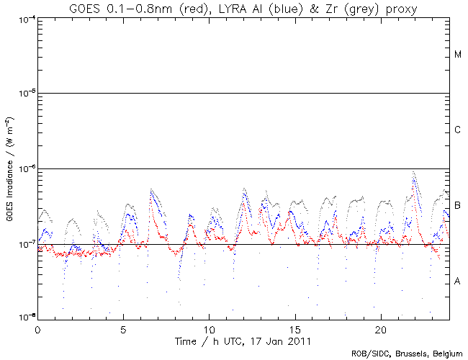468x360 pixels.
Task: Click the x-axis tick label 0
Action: click(x=37, y=327)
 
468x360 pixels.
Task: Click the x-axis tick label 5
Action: click(x=123, y=327)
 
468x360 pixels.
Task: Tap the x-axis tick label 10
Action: click(x=209, y=327)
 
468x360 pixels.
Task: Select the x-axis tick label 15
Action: click(x=294, y=327)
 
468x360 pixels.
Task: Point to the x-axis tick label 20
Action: click(x=380, y=327)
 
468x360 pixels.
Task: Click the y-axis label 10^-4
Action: click(x=23, y=17)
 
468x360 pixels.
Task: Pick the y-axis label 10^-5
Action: click(x=23, y=93)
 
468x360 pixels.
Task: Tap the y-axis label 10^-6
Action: click(x=23, y=168)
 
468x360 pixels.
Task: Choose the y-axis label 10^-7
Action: click(x=23, y=244)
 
